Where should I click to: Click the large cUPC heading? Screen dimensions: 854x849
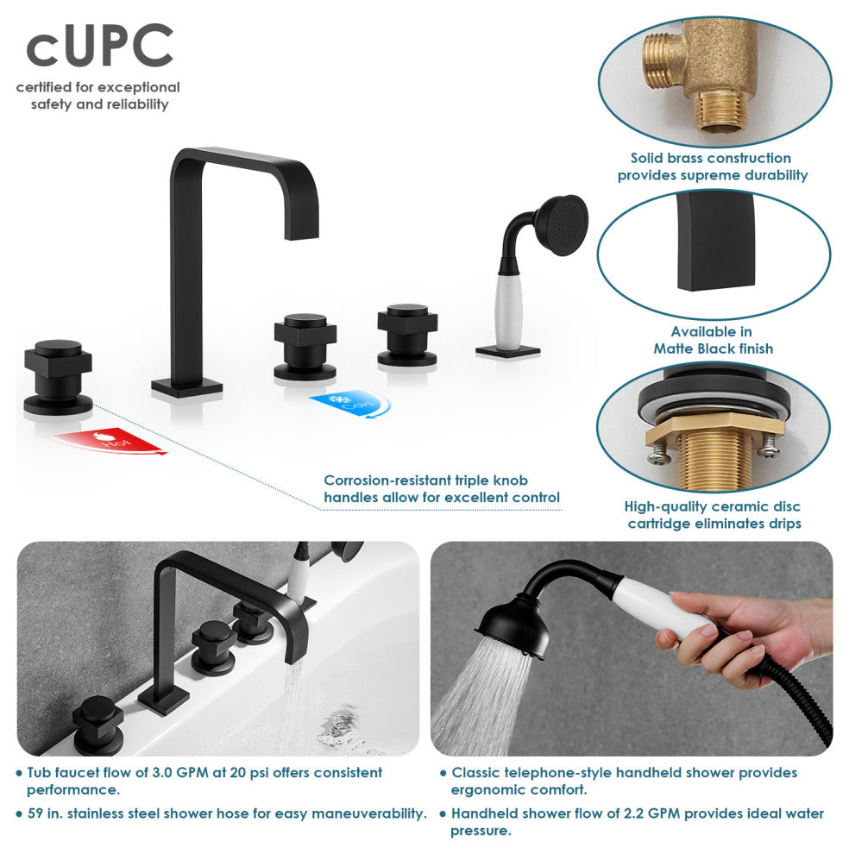99,48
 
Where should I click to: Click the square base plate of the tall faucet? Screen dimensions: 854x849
186,386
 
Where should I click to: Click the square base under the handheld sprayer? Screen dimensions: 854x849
507,351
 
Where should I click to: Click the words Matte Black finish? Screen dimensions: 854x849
713,349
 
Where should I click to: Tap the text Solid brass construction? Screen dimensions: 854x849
710,158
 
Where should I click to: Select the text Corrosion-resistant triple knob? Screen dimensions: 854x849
425,480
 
